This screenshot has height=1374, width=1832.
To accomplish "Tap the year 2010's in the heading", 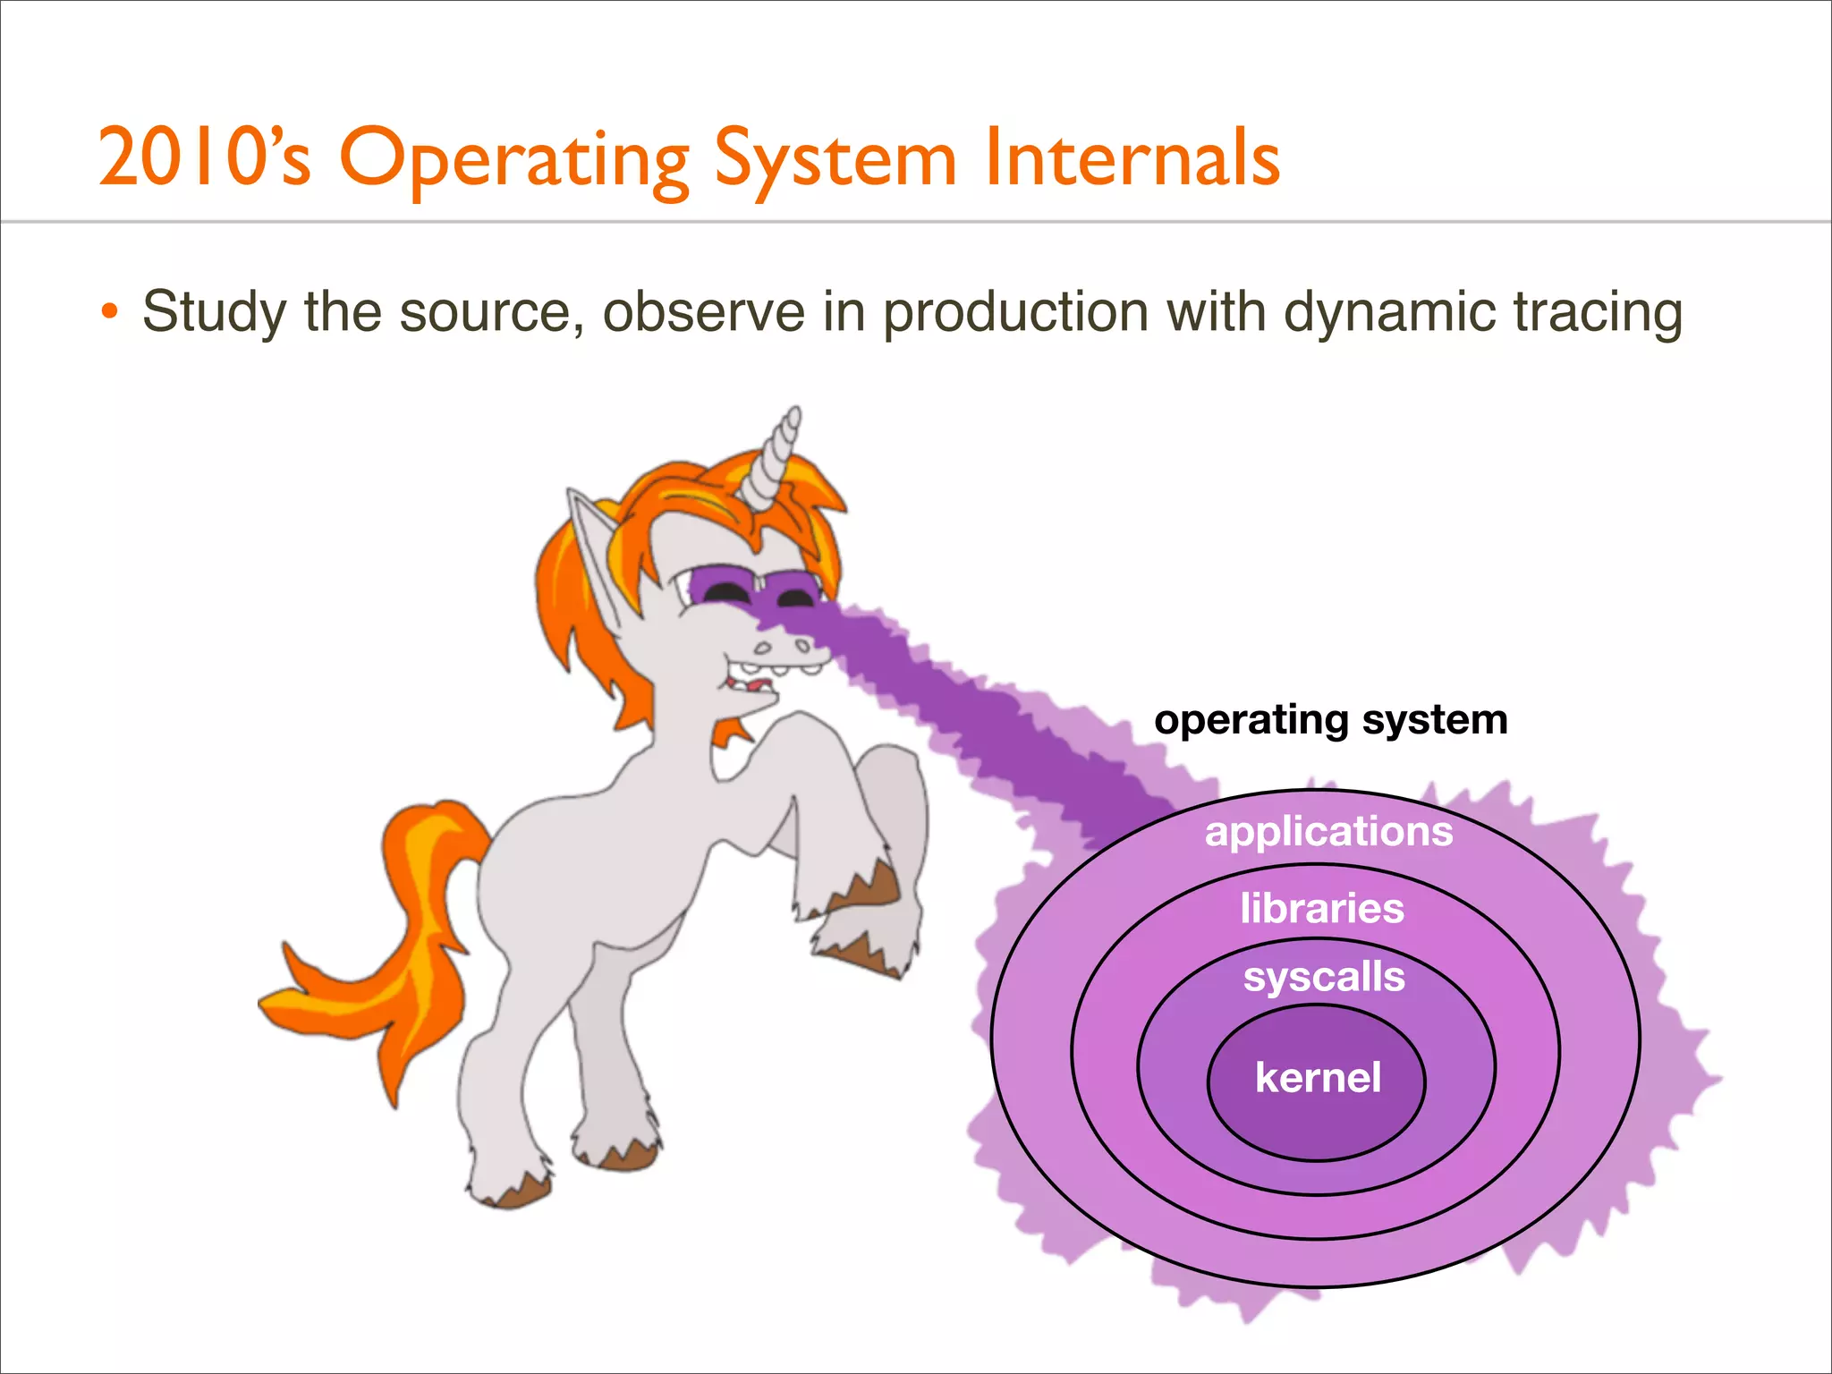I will (204, 159).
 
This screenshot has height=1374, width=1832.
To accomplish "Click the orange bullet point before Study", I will (109, 312).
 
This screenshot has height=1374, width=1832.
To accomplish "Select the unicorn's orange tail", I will (394, 948).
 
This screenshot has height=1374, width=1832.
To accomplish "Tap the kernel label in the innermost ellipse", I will (1318, 1078).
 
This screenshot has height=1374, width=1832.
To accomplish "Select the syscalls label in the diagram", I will (1324, 977).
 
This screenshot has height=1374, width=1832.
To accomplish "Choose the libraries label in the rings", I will (1322, 909).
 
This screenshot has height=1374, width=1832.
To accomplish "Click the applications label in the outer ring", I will (1328, 832).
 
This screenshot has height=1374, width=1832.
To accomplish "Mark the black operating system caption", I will (1330, 720).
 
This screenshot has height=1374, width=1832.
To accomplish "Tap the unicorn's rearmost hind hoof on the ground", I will (513, 1190).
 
